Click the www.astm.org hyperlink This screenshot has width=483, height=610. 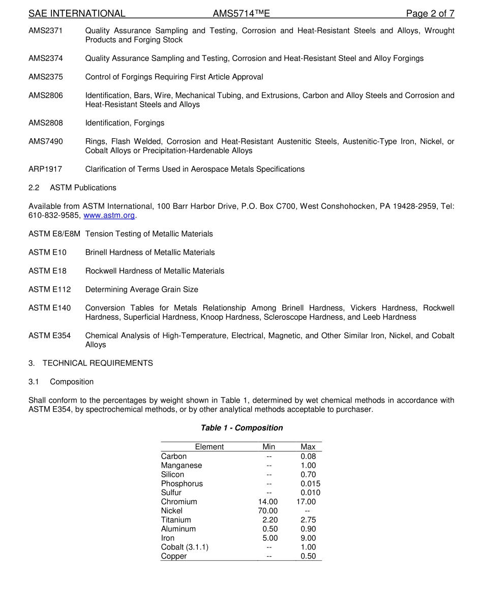[109, 216]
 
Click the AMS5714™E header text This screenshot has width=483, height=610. [242, 14]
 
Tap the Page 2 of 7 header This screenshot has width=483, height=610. [430, 14]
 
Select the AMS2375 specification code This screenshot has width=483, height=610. [46, 77]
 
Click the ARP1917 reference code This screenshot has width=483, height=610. [45, 169]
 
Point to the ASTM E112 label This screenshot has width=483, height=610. [50, 290]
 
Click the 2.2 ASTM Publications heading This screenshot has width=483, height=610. [72, 188]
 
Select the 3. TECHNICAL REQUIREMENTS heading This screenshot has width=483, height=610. [90, 363]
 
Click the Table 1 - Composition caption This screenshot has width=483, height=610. [242, 428]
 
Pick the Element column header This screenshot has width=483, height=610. [209, 447]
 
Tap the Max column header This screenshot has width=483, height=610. [308, 447]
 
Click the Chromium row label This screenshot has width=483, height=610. [179, 502]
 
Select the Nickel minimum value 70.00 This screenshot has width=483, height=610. [268, 511]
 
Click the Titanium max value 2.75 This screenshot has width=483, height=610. [308, 520]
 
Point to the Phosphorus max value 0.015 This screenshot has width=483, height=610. [310, 483]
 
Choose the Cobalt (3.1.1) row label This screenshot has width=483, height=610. [185, 547]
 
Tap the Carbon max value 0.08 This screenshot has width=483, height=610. [308, 456]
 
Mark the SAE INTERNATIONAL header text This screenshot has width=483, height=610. [77, 14]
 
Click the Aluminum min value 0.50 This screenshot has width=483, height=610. [270, 529]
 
